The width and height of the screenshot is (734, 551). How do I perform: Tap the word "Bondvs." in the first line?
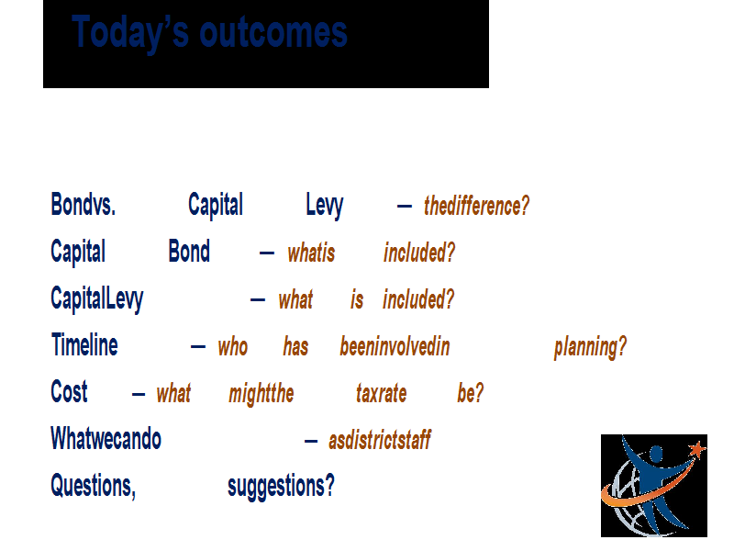83,204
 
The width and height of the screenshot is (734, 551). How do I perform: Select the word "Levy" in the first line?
325,206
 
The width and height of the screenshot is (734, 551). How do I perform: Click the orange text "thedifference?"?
476,206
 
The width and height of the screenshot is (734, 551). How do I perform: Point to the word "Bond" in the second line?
189,251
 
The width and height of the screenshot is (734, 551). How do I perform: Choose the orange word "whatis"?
311,253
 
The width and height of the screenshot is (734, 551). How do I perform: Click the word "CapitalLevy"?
97,299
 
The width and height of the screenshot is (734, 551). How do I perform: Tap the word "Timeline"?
84,345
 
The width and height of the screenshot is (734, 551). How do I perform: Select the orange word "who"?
233,347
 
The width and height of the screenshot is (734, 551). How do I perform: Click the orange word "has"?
295,347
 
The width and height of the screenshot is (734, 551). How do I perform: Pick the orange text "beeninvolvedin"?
395,347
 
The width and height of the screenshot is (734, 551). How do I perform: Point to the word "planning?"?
590,348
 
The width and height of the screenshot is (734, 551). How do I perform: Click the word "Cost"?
69,392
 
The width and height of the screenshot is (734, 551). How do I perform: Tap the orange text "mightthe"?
261,394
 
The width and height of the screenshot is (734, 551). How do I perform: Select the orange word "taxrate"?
381,394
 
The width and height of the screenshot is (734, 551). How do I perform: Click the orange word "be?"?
471,393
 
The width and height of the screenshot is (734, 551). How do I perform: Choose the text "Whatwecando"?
106,439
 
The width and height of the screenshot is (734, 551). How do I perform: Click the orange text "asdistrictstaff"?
380,440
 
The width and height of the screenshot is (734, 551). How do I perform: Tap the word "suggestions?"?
282,487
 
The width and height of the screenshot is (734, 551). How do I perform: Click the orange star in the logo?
697,449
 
